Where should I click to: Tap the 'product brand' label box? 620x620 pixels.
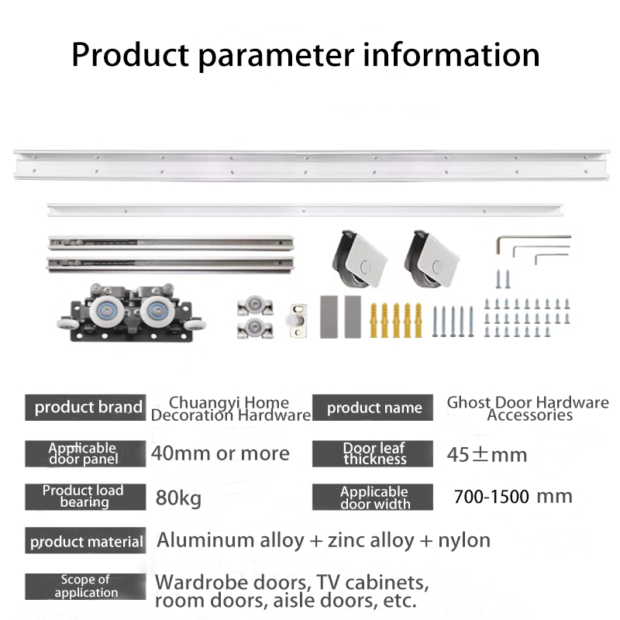(x=85, y=408)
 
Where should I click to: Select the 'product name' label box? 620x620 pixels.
(x=373, y=408)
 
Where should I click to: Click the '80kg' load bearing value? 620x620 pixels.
(x=178, y=498)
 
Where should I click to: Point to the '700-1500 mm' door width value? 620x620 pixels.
(x=513, y=497)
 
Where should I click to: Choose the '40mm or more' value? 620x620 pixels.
(x=220, y=453)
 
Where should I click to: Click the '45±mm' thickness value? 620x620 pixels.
(x=487, y=455)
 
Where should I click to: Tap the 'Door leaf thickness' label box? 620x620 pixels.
(x=373, y=453)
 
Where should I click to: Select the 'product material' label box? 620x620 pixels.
(x=85, y=540)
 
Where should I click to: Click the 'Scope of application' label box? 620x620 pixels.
(x=85, y=587)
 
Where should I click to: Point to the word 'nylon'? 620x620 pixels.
(x=464, y=541)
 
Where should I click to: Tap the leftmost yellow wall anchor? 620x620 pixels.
(x=374, y=320)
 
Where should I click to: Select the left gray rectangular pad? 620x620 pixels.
(x=329, y=317)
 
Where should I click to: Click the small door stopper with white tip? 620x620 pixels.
(x=298, y=320)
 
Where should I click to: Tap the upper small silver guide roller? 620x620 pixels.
(x=255, y=305)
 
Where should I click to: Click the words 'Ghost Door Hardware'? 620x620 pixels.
(x=528, y=402)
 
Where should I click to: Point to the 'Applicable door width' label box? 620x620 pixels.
(x=373, y=497)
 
